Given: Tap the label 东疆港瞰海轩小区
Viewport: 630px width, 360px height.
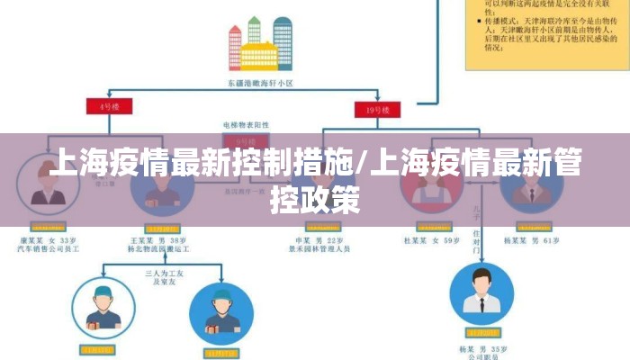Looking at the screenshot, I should [261, 83].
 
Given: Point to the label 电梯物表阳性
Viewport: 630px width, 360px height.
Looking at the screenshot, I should [244, 124].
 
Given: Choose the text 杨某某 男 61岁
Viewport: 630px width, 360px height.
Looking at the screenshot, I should [532, 241].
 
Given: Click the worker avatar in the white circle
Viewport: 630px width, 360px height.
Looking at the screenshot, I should [103, 308].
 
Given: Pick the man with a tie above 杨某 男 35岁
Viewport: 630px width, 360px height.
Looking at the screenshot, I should [481, 292].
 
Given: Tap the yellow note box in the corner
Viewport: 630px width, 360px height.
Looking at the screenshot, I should [545, 33].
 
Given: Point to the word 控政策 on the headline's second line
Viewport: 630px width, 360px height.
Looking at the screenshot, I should [315, 199].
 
